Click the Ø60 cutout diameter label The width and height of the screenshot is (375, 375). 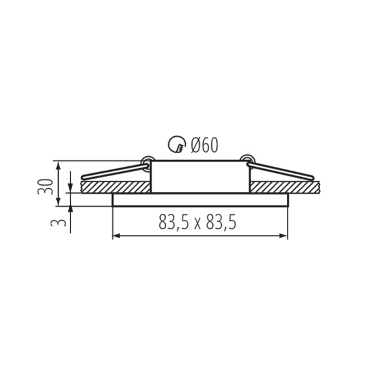[204, 145]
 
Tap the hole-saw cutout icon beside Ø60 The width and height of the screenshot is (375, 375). [177, 144]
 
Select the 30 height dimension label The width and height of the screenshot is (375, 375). [45, 187]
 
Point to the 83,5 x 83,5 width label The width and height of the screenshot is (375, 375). [197, 222]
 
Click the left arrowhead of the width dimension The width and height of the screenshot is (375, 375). [116, 236]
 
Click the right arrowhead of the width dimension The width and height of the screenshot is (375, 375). [284, 236]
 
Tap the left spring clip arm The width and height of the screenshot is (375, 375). [114, 171]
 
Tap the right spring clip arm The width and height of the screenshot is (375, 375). [281, 171]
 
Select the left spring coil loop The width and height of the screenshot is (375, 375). [146, 162]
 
